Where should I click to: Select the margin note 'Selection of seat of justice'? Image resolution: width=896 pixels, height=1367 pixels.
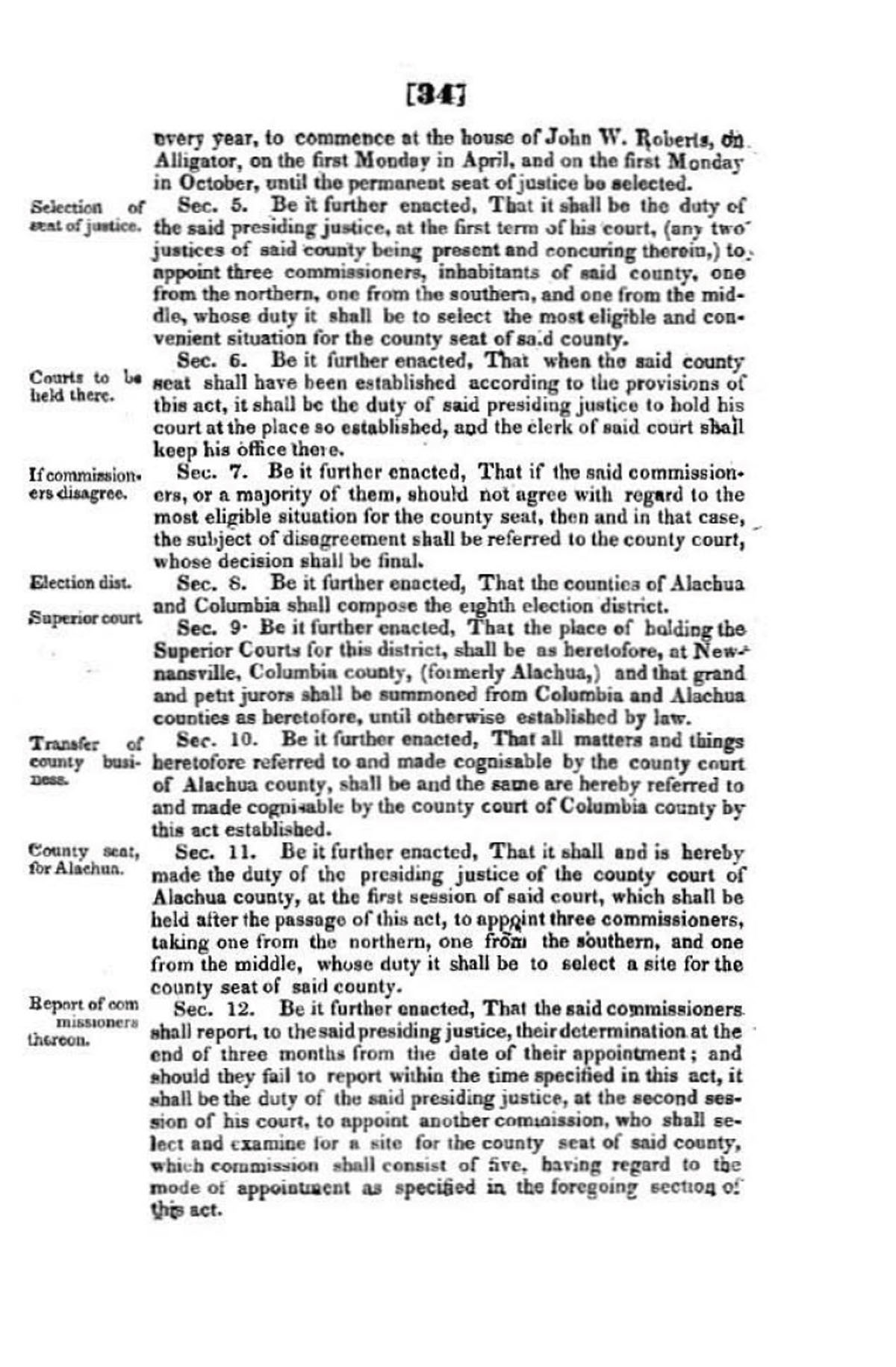86,215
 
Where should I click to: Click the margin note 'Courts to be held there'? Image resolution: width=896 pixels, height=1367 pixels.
84,386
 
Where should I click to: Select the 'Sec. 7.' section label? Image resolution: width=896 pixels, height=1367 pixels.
217,473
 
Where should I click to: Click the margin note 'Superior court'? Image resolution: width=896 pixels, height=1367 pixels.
85,619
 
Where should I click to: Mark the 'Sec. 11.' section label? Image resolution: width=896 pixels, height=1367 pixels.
219,852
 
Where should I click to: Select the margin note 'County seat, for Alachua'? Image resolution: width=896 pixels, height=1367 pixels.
84,860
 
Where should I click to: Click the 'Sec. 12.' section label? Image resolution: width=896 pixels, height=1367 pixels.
218,1009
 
